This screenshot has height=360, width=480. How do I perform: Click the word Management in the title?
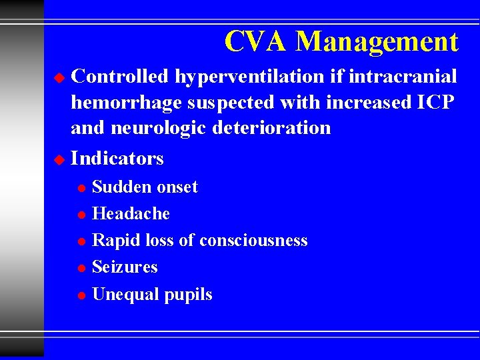coord(377,43)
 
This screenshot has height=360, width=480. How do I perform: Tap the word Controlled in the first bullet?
coord(120,77)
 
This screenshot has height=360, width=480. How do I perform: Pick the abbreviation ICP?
coord(435,102)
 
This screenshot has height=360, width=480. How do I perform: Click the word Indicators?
coord(117,159)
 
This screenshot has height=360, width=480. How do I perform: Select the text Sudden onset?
coord(145,187)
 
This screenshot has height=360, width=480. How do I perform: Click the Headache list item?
coord(131,214)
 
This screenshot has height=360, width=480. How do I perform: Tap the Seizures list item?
coord(125,267)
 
